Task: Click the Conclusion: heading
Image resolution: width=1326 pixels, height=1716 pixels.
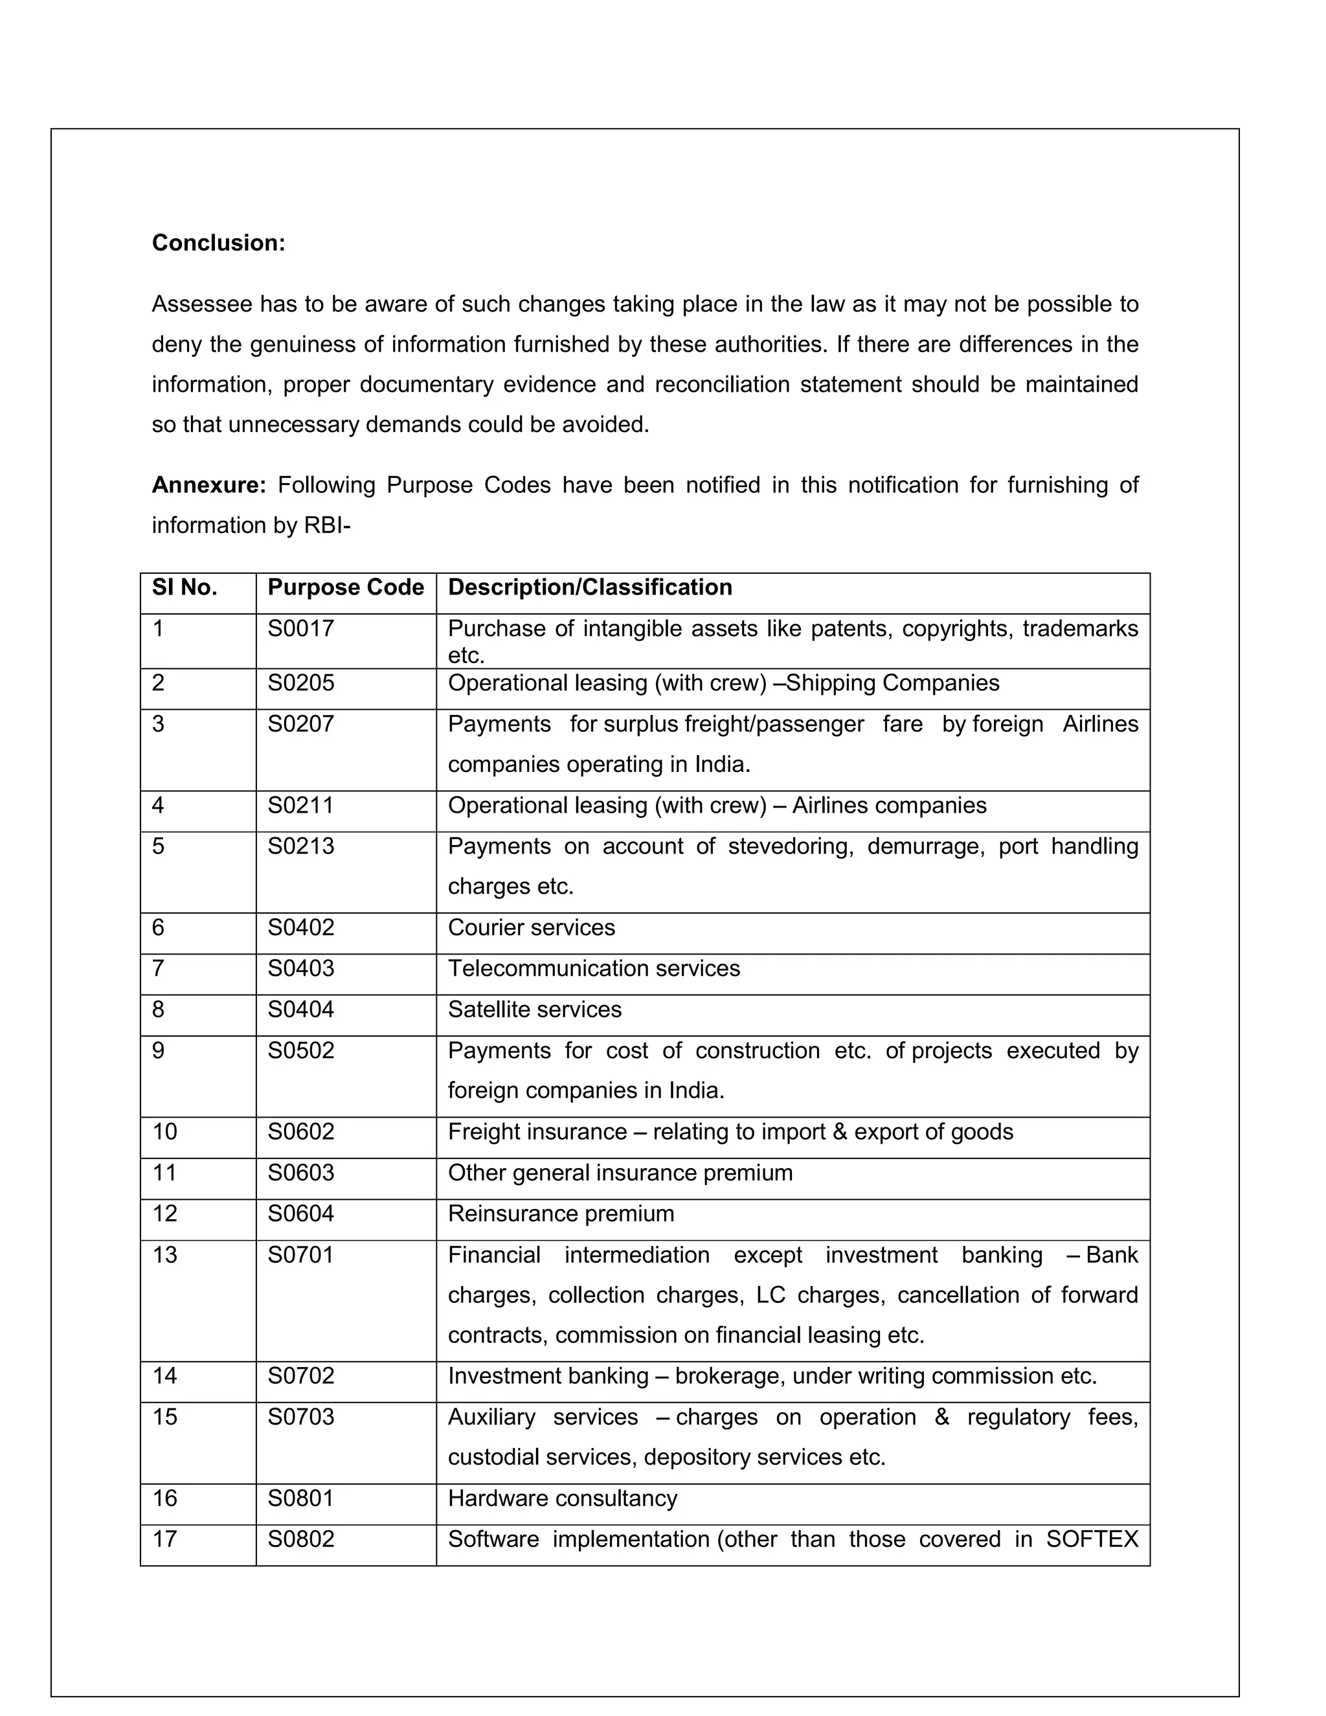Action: click(218, 243)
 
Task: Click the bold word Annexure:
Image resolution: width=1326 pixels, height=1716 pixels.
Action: click(209, 485)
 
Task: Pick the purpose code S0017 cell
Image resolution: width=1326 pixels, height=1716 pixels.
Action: click(301, 629)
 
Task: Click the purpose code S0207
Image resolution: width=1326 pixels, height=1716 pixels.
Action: click(301, 724)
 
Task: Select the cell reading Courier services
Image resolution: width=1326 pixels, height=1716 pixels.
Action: click(531, 928)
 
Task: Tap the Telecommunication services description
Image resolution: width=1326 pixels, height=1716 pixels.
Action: click(594, 969)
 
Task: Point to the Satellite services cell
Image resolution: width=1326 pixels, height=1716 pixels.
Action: click(534, 1010)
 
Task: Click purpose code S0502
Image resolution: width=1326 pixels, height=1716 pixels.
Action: click(301, 1050)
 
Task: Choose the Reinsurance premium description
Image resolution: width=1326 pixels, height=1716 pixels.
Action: click(561, 1214)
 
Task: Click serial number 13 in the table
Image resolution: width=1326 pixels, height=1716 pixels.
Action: click(165, 1255)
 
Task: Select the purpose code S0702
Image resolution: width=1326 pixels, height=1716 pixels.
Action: click(301, 1376)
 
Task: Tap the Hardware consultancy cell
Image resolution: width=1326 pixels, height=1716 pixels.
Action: click(563, 1498)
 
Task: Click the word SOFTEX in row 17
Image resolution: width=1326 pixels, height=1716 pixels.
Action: click(1092, 1539)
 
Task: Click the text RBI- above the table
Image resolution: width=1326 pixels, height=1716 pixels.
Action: click(327, 525)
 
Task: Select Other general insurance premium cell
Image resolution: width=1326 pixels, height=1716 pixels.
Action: click(620, 1173)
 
